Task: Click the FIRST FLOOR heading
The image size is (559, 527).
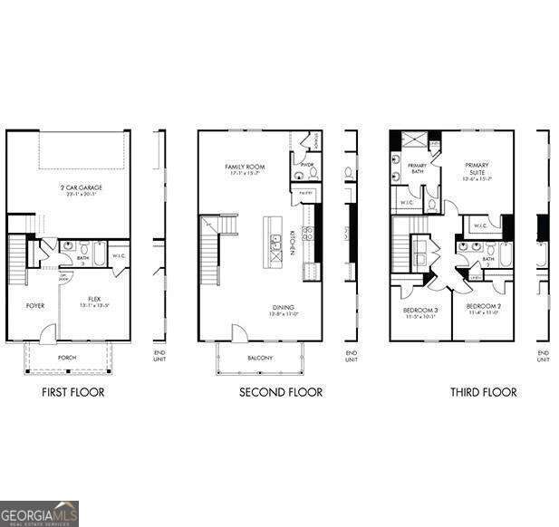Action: point(73,392)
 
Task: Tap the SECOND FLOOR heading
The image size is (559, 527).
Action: point(281,392)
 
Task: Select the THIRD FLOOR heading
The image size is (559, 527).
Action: point(484,392)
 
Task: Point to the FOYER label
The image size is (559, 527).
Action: point(34,305)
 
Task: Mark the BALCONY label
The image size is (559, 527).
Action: point(260,359)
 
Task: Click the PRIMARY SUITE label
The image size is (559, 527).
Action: point(477,168)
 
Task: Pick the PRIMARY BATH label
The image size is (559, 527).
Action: point(417,168)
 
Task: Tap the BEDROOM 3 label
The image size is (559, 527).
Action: point(419,312)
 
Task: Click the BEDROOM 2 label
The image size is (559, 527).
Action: point(483,309)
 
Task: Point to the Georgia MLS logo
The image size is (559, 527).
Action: point(39,513)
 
